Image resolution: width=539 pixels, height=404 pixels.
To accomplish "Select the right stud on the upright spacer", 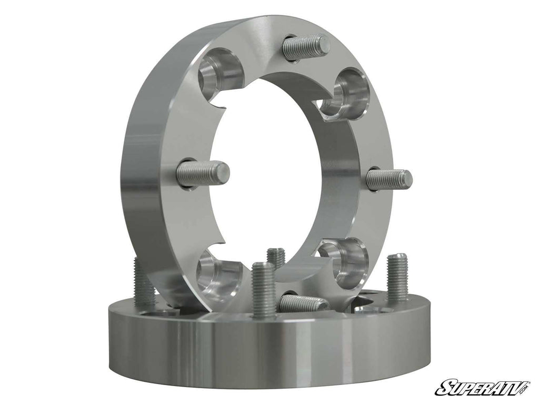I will coord(389,179).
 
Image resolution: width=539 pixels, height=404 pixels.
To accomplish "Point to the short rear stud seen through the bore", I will coord(276,258).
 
